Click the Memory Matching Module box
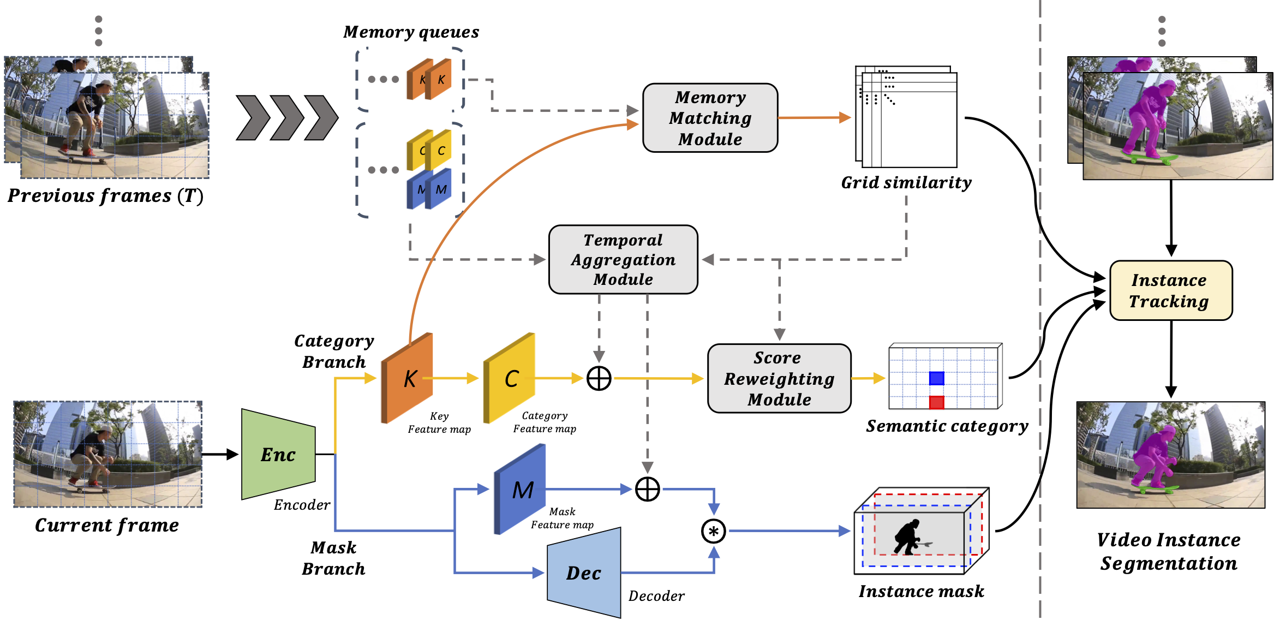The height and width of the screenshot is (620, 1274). coord(710,118)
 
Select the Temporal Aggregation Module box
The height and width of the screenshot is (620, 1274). coord(623,260)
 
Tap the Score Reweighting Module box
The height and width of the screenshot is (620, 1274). coord(779,378)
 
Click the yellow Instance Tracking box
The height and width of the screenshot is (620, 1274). coord(1171,290)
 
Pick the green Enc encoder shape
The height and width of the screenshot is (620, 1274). coord(278,454)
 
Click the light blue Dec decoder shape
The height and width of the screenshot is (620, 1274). coord(584,573)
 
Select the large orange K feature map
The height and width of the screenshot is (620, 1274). coord(408,378)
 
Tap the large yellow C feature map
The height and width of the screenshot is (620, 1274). coord(510,378)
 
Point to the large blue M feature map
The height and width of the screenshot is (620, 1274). coord(521,490)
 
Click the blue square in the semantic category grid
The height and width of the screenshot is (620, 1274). coord(936,378)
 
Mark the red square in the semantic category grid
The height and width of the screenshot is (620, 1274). coord(936,402)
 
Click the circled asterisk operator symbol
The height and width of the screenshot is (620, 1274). coord(713,531)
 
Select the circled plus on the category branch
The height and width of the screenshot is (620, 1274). coord(599,378)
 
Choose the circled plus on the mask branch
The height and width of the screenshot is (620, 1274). coord(647,490)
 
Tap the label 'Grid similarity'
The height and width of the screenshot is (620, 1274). coord(906,183)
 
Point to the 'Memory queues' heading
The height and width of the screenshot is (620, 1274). coord(411,32)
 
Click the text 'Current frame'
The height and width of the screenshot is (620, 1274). coord(107,525)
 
